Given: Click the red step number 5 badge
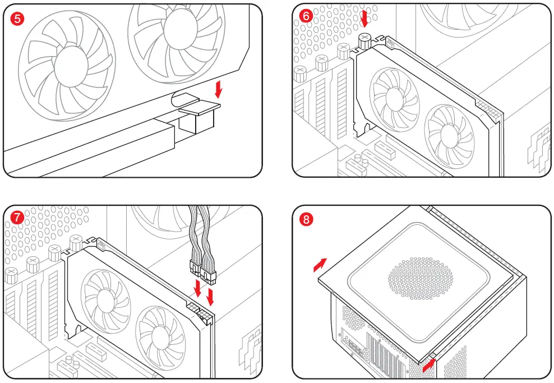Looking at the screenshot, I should click(18, 19).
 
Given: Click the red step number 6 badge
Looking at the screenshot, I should click(306, 16).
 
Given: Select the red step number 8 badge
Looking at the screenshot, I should click(306, 220).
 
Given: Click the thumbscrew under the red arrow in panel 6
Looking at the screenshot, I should click(365, 39).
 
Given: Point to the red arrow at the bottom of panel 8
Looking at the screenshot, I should click(429, 364).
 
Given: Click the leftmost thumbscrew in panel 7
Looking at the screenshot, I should click(11, 275).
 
